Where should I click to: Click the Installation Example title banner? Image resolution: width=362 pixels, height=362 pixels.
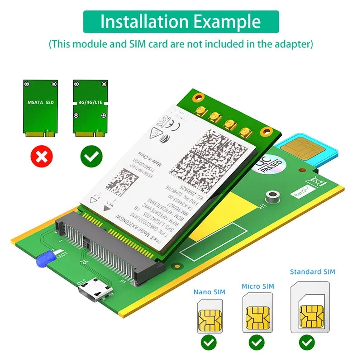click(181, 21)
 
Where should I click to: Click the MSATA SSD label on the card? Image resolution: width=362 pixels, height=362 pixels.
click(41, 103)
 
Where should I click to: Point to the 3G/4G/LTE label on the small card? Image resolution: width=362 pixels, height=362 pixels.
click(91, 103)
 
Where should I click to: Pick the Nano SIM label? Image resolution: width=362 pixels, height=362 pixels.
click(210, 292)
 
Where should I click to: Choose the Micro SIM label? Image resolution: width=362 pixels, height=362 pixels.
click(258, 286)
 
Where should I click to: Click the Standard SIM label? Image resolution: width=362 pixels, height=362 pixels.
click(312, 272)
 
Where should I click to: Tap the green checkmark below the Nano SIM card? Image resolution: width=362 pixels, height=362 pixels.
click(209, 343)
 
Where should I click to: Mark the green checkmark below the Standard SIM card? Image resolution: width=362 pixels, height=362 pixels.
click(308, 343)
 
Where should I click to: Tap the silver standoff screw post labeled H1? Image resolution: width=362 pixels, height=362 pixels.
click(271, 196)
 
